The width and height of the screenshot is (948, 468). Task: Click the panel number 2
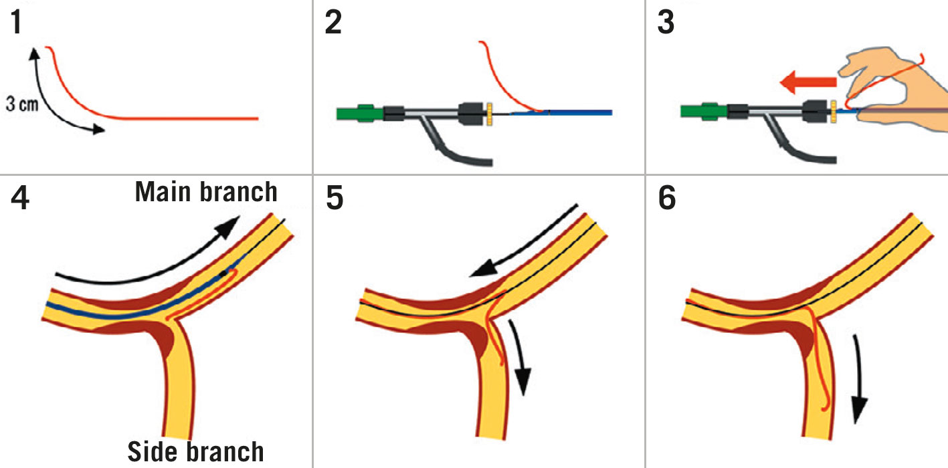coord(333,25)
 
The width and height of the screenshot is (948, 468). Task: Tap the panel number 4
coord(20,199)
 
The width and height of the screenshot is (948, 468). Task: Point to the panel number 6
coord(667,199)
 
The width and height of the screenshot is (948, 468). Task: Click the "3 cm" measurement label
coord(21,106)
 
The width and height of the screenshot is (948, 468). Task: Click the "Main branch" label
coord(206,192)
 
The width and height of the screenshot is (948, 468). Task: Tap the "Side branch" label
coord(195,451)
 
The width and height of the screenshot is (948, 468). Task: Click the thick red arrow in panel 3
coord(807,83)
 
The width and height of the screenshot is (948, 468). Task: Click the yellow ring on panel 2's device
coord(489,112)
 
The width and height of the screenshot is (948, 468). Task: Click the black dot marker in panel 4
coord(223,274)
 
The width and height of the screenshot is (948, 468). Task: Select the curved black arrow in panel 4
coord(147,261)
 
